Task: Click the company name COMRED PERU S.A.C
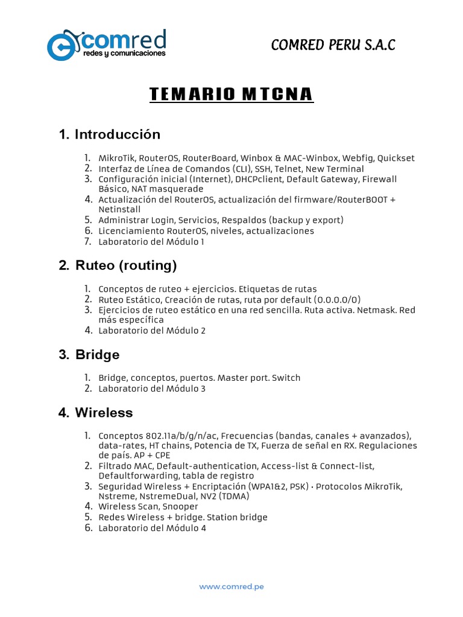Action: (x=333, y=45)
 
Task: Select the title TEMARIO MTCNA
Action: (x=231, y=95)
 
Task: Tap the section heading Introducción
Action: (x=110, y=134)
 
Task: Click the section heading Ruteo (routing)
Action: (x=118, y=265)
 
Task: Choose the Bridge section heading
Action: (x=89, y=354)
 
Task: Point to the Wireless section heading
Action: (x=96, y=413)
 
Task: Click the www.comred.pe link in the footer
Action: (x=231, y=586)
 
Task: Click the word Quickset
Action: (x=396, y=158)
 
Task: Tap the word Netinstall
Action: (x=119, y=209)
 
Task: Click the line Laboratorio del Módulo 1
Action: (x=152, y=242)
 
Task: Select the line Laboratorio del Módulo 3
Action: (x=152, y=389)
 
